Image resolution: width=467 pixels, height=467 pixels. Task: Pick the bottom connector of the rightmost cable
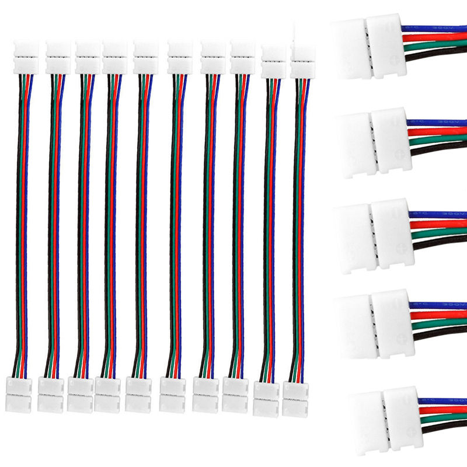295,399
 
